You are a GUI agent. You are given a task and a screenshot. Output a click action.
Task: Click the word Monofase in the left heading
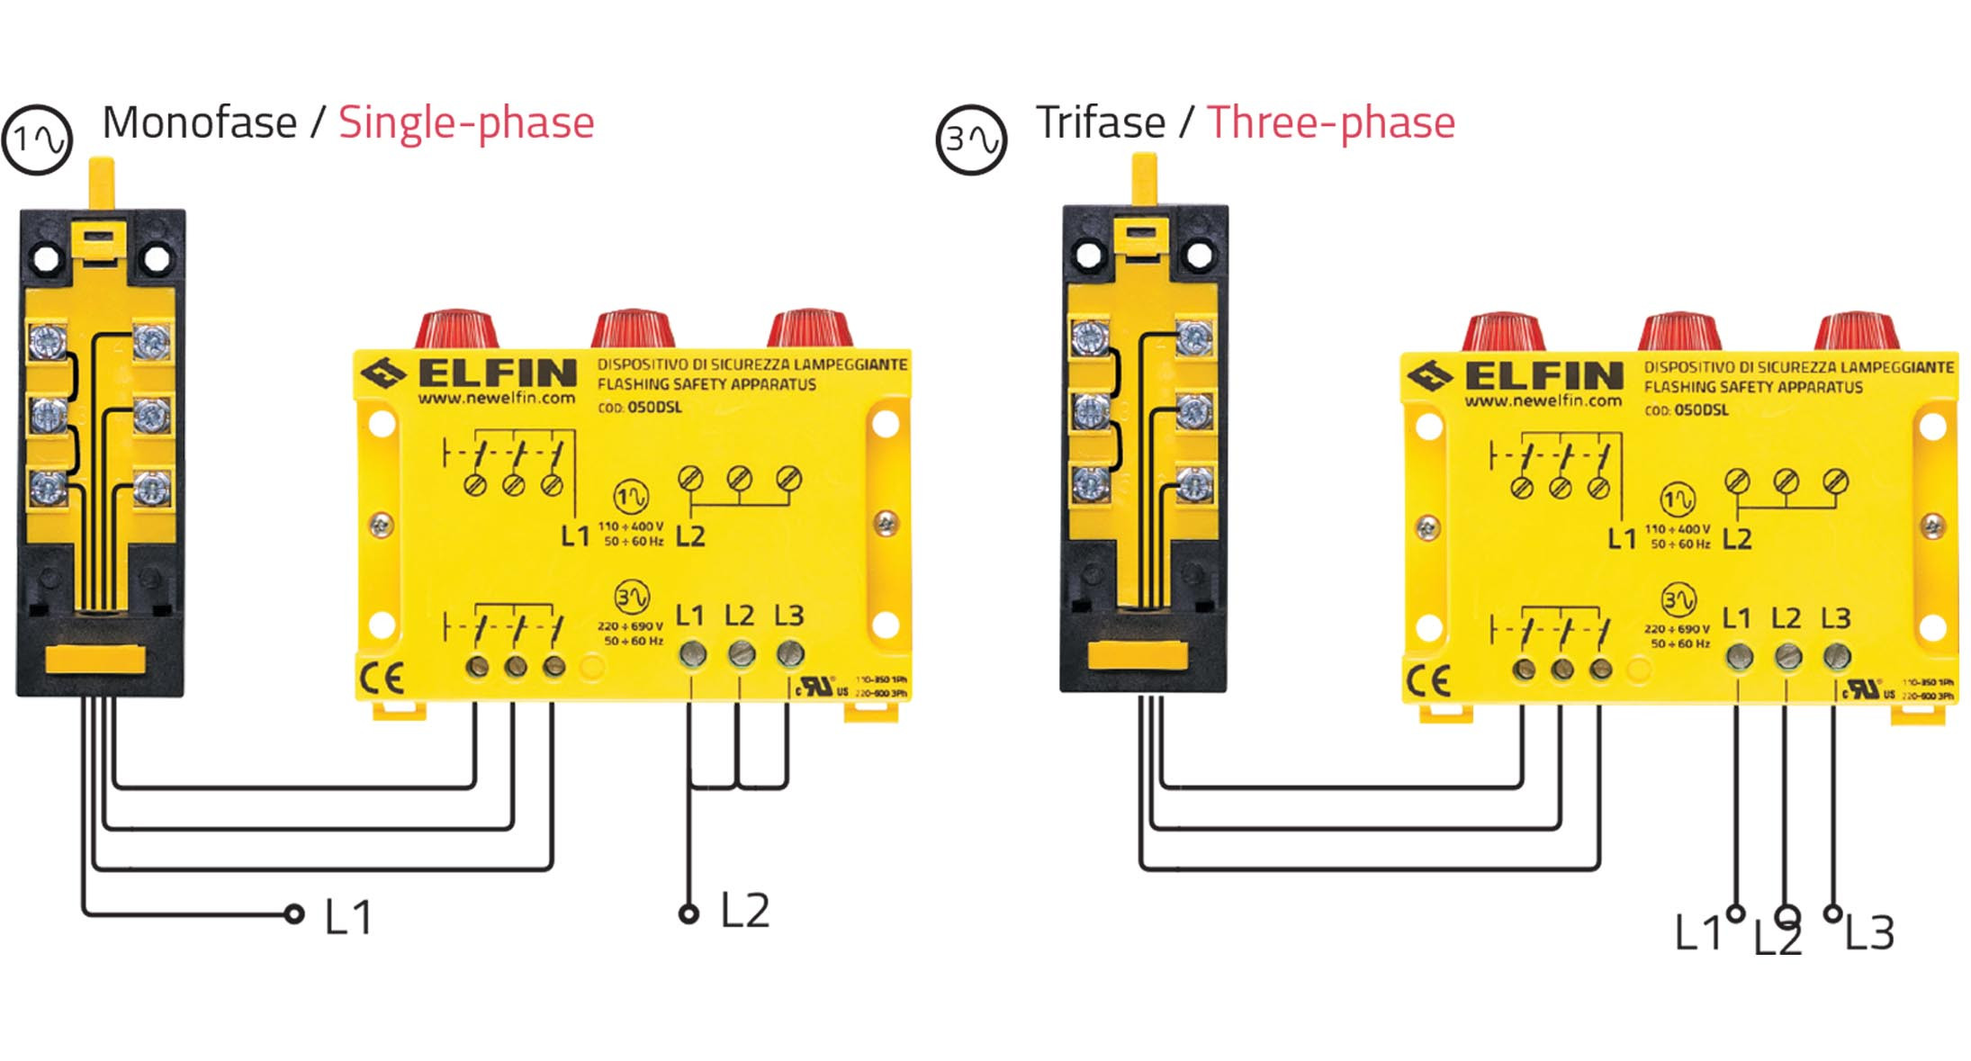coord(199,123)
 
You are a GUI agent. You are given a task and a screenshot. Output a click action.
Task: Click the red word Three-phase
coord(1330,123)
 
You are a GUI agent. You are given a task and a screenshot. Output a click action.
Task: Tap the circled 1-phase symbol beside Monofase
coord(37,139)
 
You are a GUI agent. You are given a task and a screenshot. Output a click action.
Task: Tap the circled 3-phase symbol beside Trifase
coord(971,139)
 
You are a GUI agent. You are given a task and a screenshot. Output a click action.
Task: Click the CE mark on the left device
coord(382,679)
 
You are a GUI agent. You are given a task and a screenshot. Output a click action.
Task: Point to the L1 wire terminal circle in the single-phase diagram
coord(293,914)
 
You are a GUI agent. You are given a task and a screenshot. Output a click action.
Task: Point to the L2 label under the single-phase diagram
coord(744,912)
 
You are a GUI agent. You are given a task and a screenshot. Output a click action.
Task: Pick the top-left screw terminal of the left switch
coord(48,340)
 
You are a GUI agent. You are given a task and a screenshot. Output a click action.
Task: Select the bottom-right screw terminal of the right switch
coord(1193,484)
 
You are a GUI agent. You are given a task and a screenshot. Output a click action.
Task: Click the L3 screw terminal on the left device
coord(789,653)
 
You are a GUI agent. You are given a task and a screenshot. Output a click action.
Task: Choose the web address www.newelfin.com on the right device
coord(1543,401)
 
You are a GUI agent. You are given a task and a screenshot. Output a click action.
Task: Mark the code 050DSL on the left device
coord(654,408)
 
